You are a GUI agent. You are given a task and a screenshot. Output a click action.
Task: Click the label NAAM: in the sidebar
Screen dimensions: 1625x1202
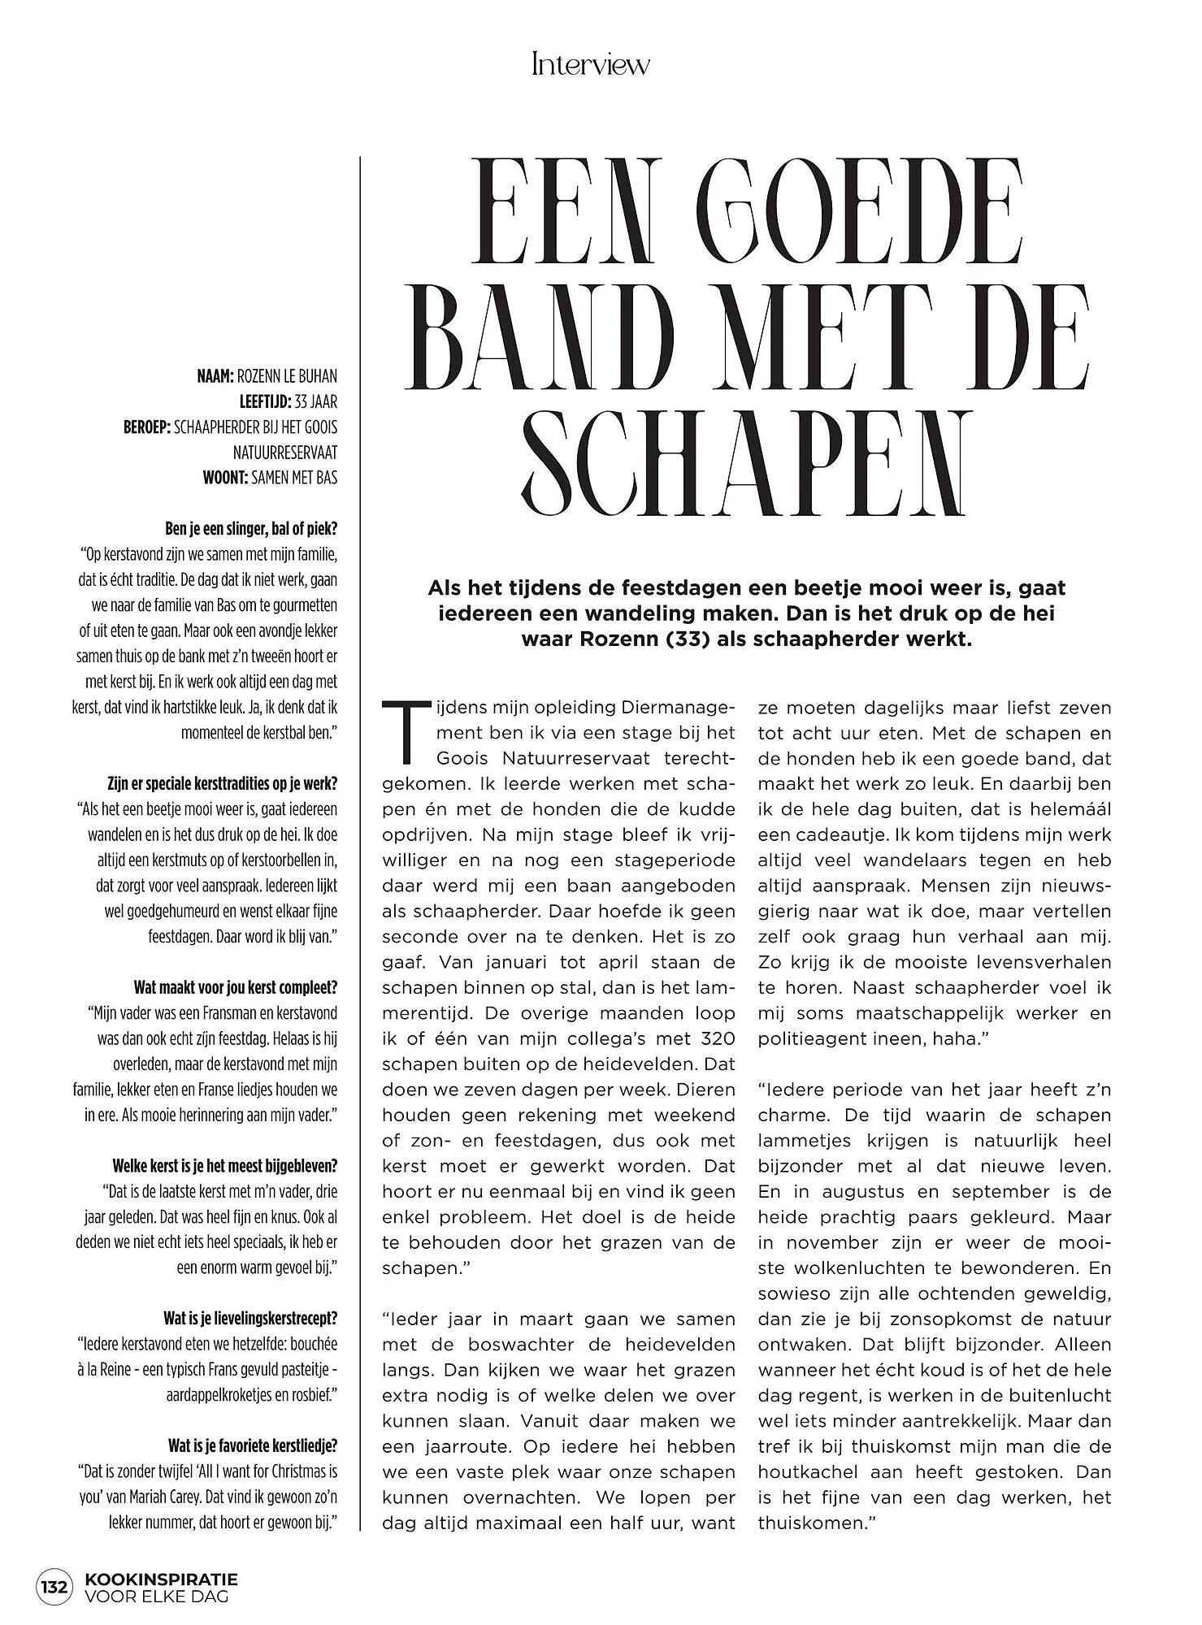pos(215,376)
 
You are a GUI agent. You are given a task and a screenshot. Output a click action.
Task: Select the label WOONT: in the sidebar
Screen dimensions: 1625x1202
pos(224,478)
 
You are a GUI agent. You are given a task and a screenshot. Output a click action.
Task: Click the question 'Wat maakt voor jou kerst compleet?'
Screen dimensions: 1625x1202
pos(236,988)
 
